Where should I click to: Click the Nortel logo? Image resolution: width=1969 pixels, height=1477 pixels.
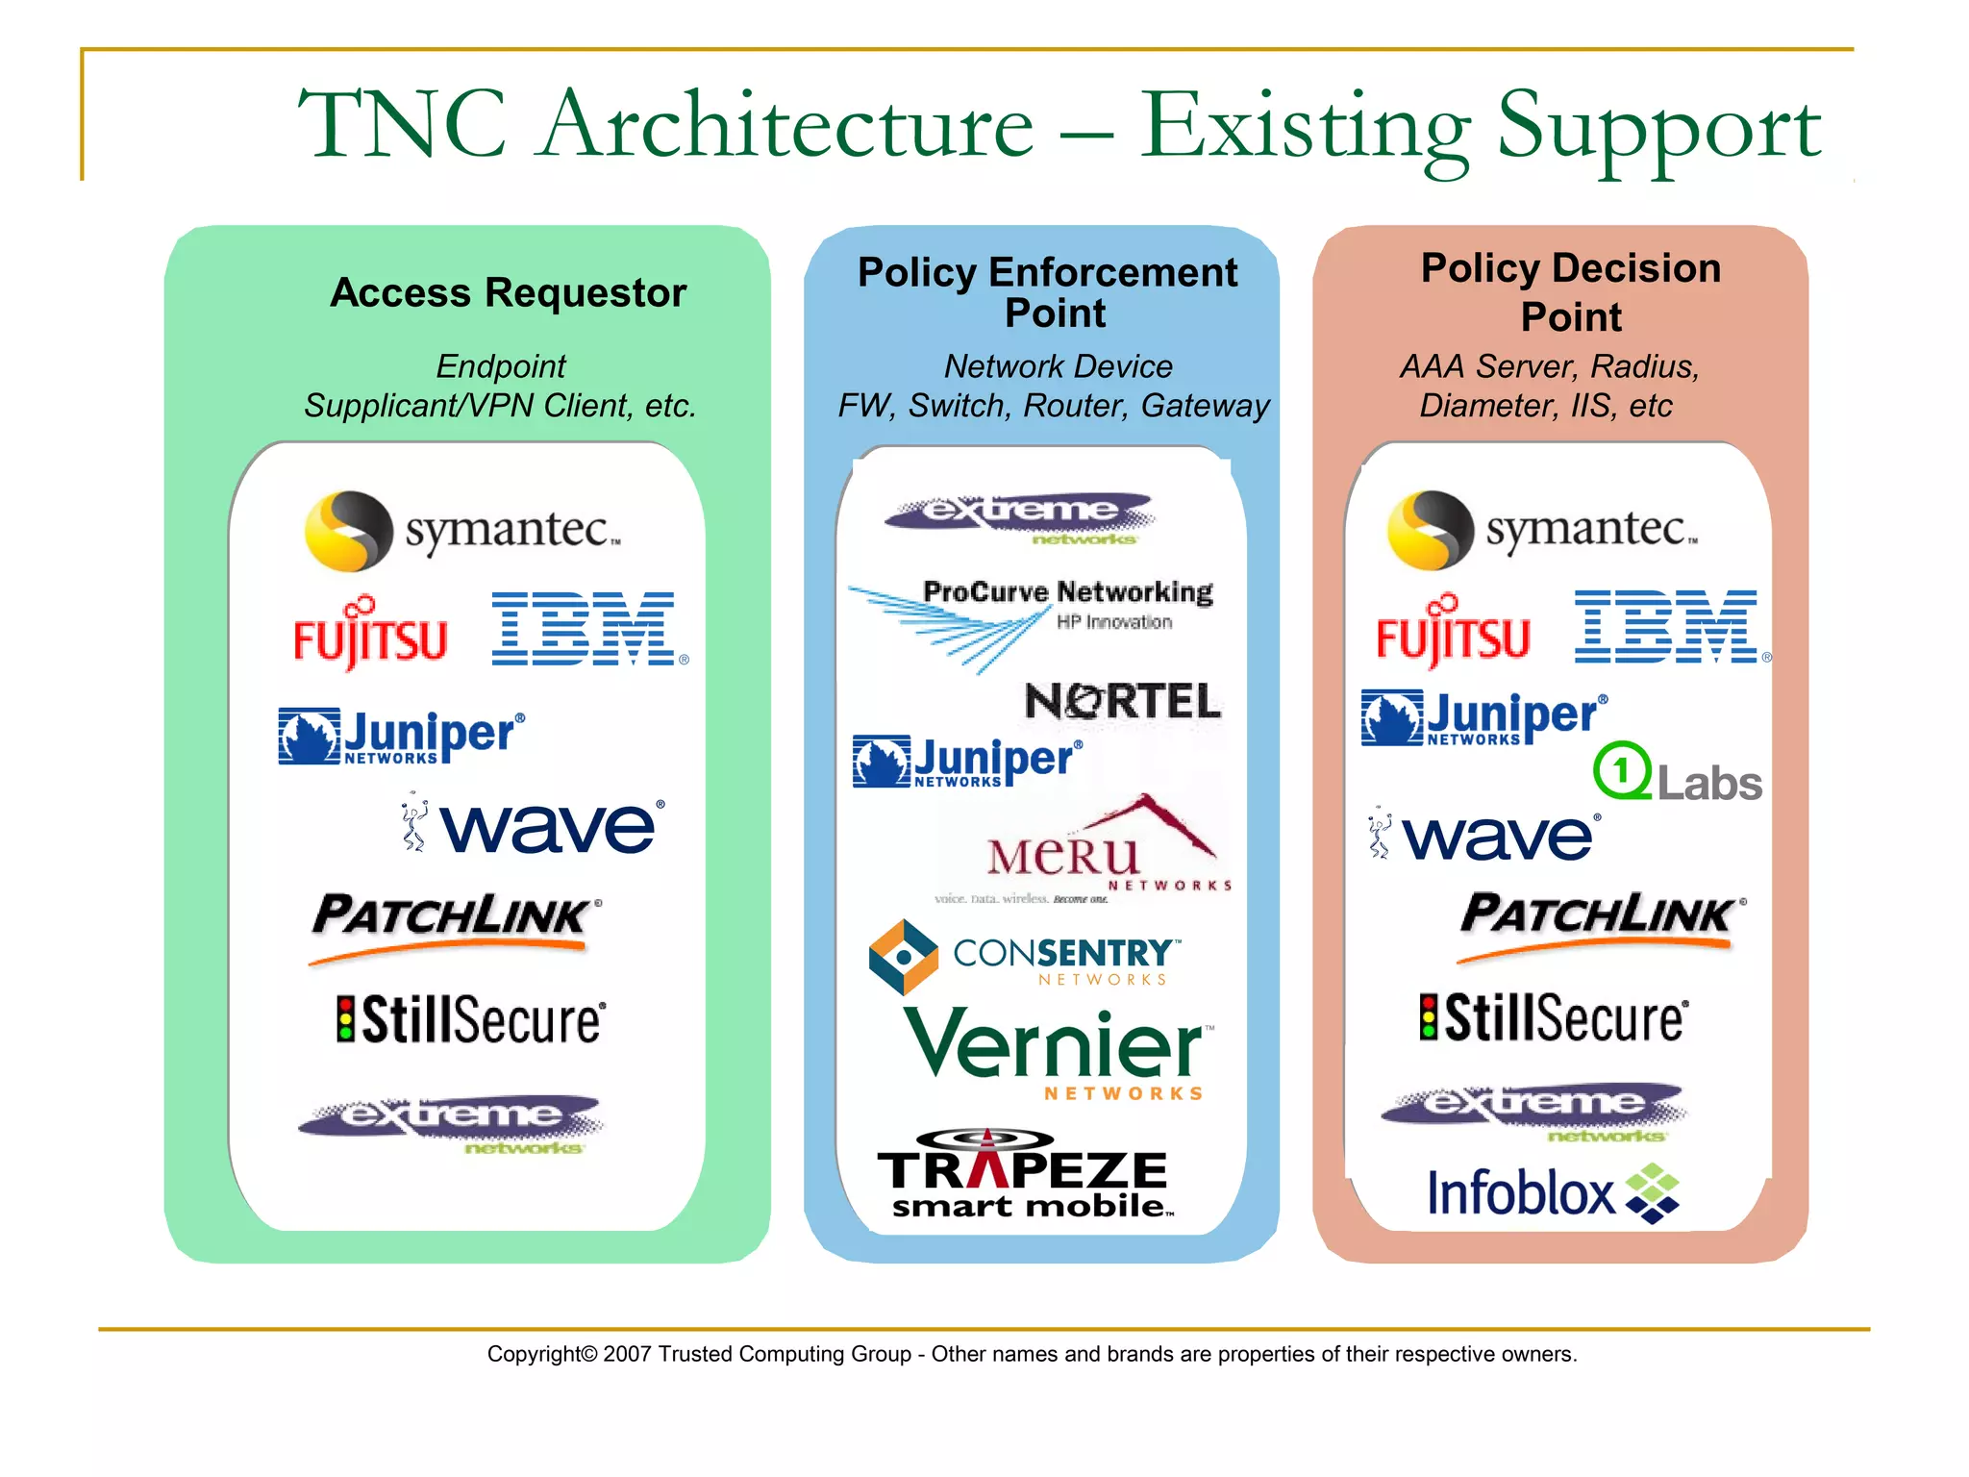point(1122,701)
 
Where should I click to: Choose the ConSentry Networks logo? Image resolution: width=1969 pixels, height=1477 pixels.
point(1024,958)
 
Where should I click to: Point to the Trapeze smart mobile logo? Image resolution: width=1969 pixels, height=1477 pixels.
point(1024,1176)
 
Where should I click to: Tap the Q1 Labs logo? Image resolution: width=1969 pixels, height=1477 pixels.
point(1677,773)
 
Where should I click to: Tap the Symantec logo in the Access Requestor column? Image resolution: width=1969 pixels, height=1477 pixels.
point(461,530)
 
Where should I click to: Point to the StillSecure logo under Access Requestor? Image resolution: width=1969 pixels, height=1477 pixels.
point(471,1019)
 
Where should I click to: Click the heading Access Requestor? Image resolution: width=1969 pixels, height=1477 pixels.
point(508,292)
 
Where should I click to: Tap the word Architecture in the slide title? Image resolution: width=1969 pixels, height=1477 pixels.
point(786,125)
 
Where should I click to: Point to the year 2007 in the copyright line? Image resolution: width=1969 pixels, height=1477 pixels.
point(627,1354)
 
